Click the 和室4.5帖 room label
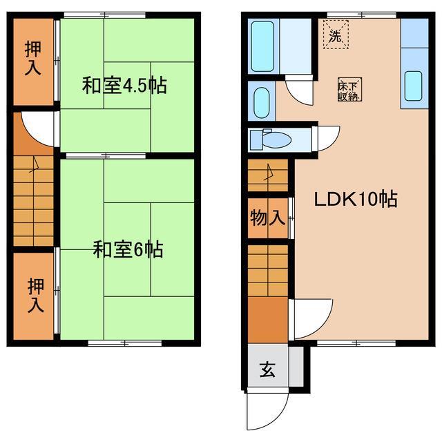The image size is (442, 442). [124, 86]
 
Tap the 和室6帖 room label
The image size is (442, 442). [128, 249]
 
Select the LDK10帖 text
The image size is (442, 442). [355, 200]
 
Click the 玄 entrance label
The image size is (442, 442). [268, 369]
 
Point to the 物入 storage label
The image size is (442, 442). [267, 219]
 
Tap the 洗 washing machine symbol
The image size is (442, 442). [335, 36]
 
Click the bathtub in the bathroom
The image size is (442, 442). [263, 46]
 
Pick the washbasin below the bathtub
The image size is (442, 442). [261, 103]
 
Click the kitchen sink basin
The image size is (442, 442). [413, 86]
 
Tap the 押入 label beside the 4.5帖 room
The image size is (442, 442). [32, 59]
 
